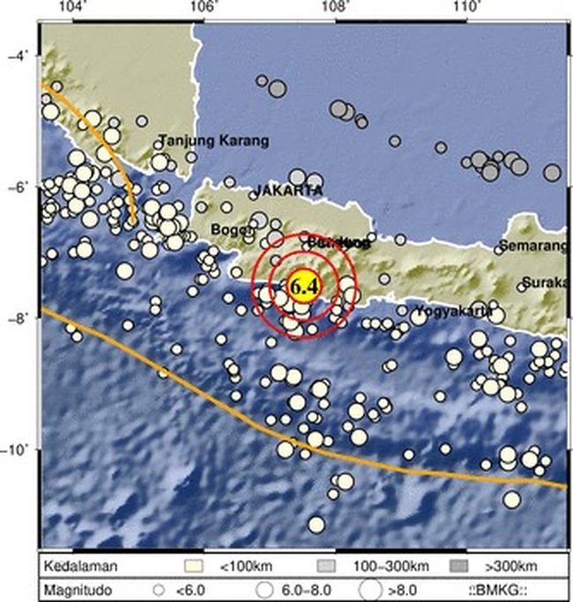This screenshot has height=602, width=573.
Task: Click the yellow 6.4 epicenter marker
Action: point(301,286)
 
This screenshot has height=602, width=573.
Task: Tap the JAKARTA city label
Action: point(288,190)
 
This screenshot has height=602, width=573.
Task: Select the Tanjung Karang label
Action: point(214,140)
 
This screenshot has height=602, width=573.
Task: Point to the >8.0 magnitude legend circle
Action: point(375,587)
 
